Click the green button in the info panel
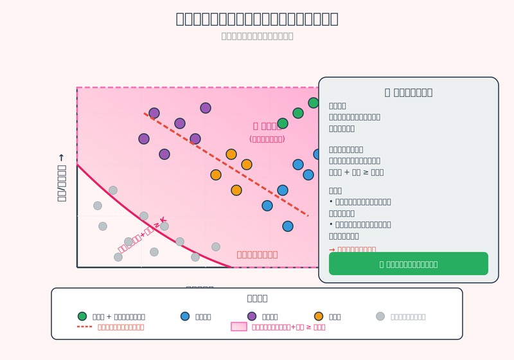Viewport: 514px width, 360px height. pos(409,264)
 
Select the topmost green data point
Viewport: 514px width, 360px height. pos(314,103)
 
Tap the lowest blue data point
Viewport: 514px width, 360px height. pos(288,226)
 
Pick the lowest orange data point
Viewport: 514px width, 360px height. pos(236,190)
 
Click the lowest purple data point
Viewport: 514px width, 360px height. pos(164,154)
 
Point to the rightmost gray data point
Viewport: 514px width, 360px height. pos(216,247)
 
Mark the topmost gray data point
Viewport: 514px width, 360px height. pos(113,190)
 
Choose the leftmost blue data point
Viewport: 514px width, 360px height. pos(267,206)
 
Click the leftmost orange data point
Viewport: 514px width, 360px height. pos(216,175)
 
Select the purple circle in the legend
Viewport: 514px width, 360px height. pos(252,316)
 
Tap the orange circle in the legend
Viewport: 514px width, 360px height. pos(319,316)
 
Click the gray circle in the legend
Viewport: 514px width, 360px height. pos(380,316)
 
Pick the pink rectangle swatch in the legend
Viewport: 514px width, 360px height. pos(239,327)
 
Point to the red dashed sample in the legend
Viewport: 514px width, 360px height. pos(85,327)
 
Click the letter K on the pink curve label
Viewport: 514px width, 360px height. pos(163,220)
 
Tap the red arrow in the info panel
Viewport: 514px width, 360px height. pos(332,249)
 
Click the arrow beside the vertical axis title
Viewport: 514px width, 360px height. pos(62,158)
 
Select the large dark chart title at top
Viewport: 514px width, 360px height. pos(257,19)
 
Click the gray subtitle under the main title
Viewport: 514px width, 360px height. pos(257,36)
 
